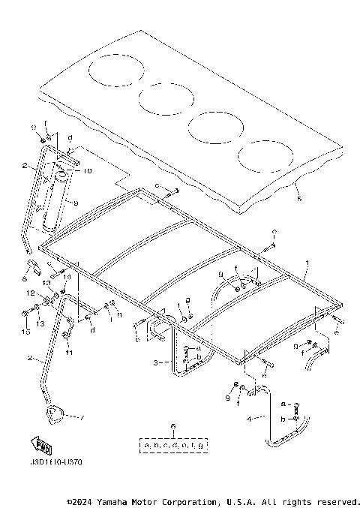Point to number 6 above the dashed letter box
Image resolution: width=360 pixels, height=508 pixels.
click(x=173, y=426)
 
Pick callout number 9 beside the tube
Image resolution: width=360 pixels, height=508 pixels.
click(x=76, y=202)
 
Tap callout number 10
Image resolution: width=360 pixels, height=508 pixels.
click(x=87, y=171)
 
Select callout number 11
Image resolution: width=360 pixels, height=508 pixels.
click(x=68, y=352)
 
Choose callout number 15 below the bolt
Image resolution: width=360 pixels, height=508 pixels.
click(x=25, y=331)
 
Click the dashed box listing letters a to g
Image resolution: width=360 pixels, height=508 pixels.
click(x=173, y=445)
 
